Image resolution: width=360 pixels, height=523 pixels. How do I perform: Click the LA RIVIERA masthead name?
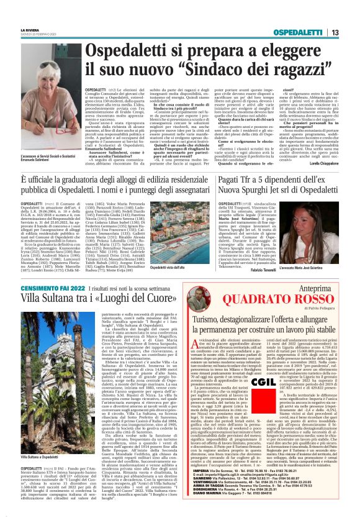30,27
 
